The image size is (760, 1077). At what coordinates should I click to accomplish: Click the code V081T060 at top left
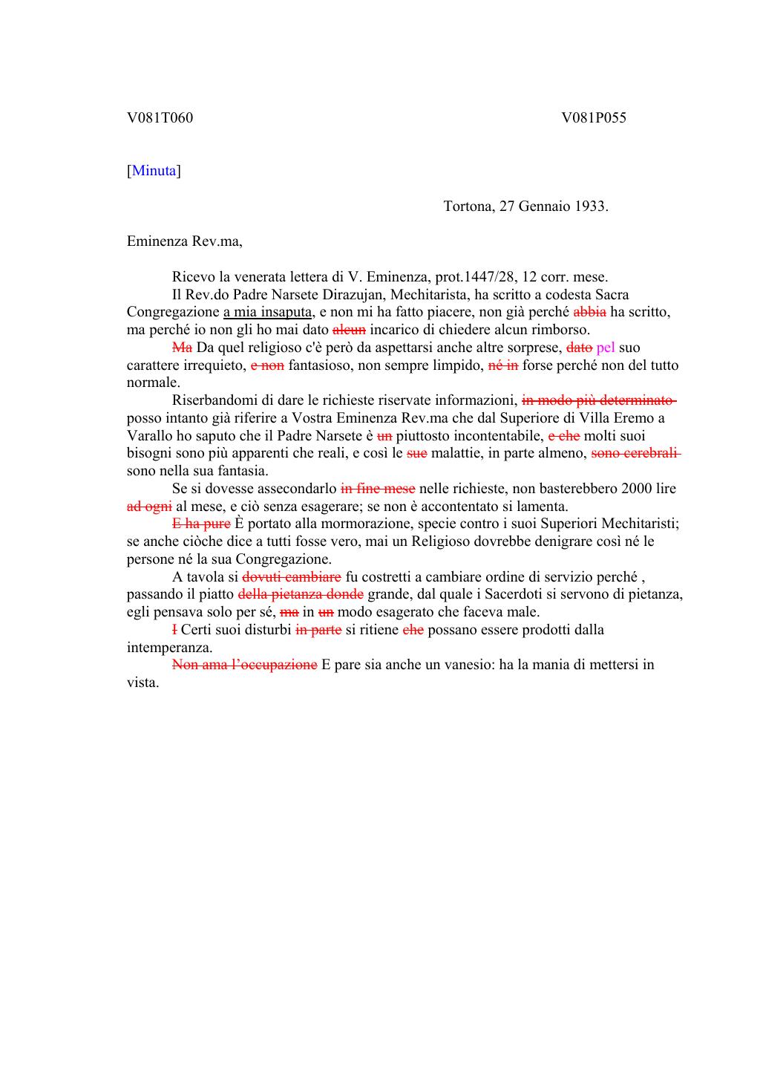(x=160, y=117)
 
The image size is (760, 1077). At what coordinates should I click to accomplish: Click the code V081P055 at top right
(x=594, y=117)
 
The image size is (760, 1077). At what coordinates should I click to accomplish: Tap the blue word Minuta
(x=154, y=171)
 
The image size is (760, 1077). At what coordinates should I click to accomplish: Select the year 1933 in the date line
(x=592, y=206)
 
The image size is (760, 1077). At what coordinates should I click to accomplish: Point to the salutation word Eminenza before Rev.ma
(x=158, y=242)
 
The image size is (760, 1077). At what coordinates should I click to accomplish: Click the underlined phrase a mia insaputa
(x=268, y=313)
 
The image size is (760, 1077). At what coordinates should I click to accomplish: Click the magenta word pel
(x=606, y=348)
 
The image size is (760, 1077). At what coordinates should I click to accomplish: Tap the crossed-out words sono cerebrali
(x=635, y=453)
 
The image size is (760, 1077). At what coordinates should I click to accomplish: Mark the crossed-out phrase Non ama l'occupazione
(x=244, y=665)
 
